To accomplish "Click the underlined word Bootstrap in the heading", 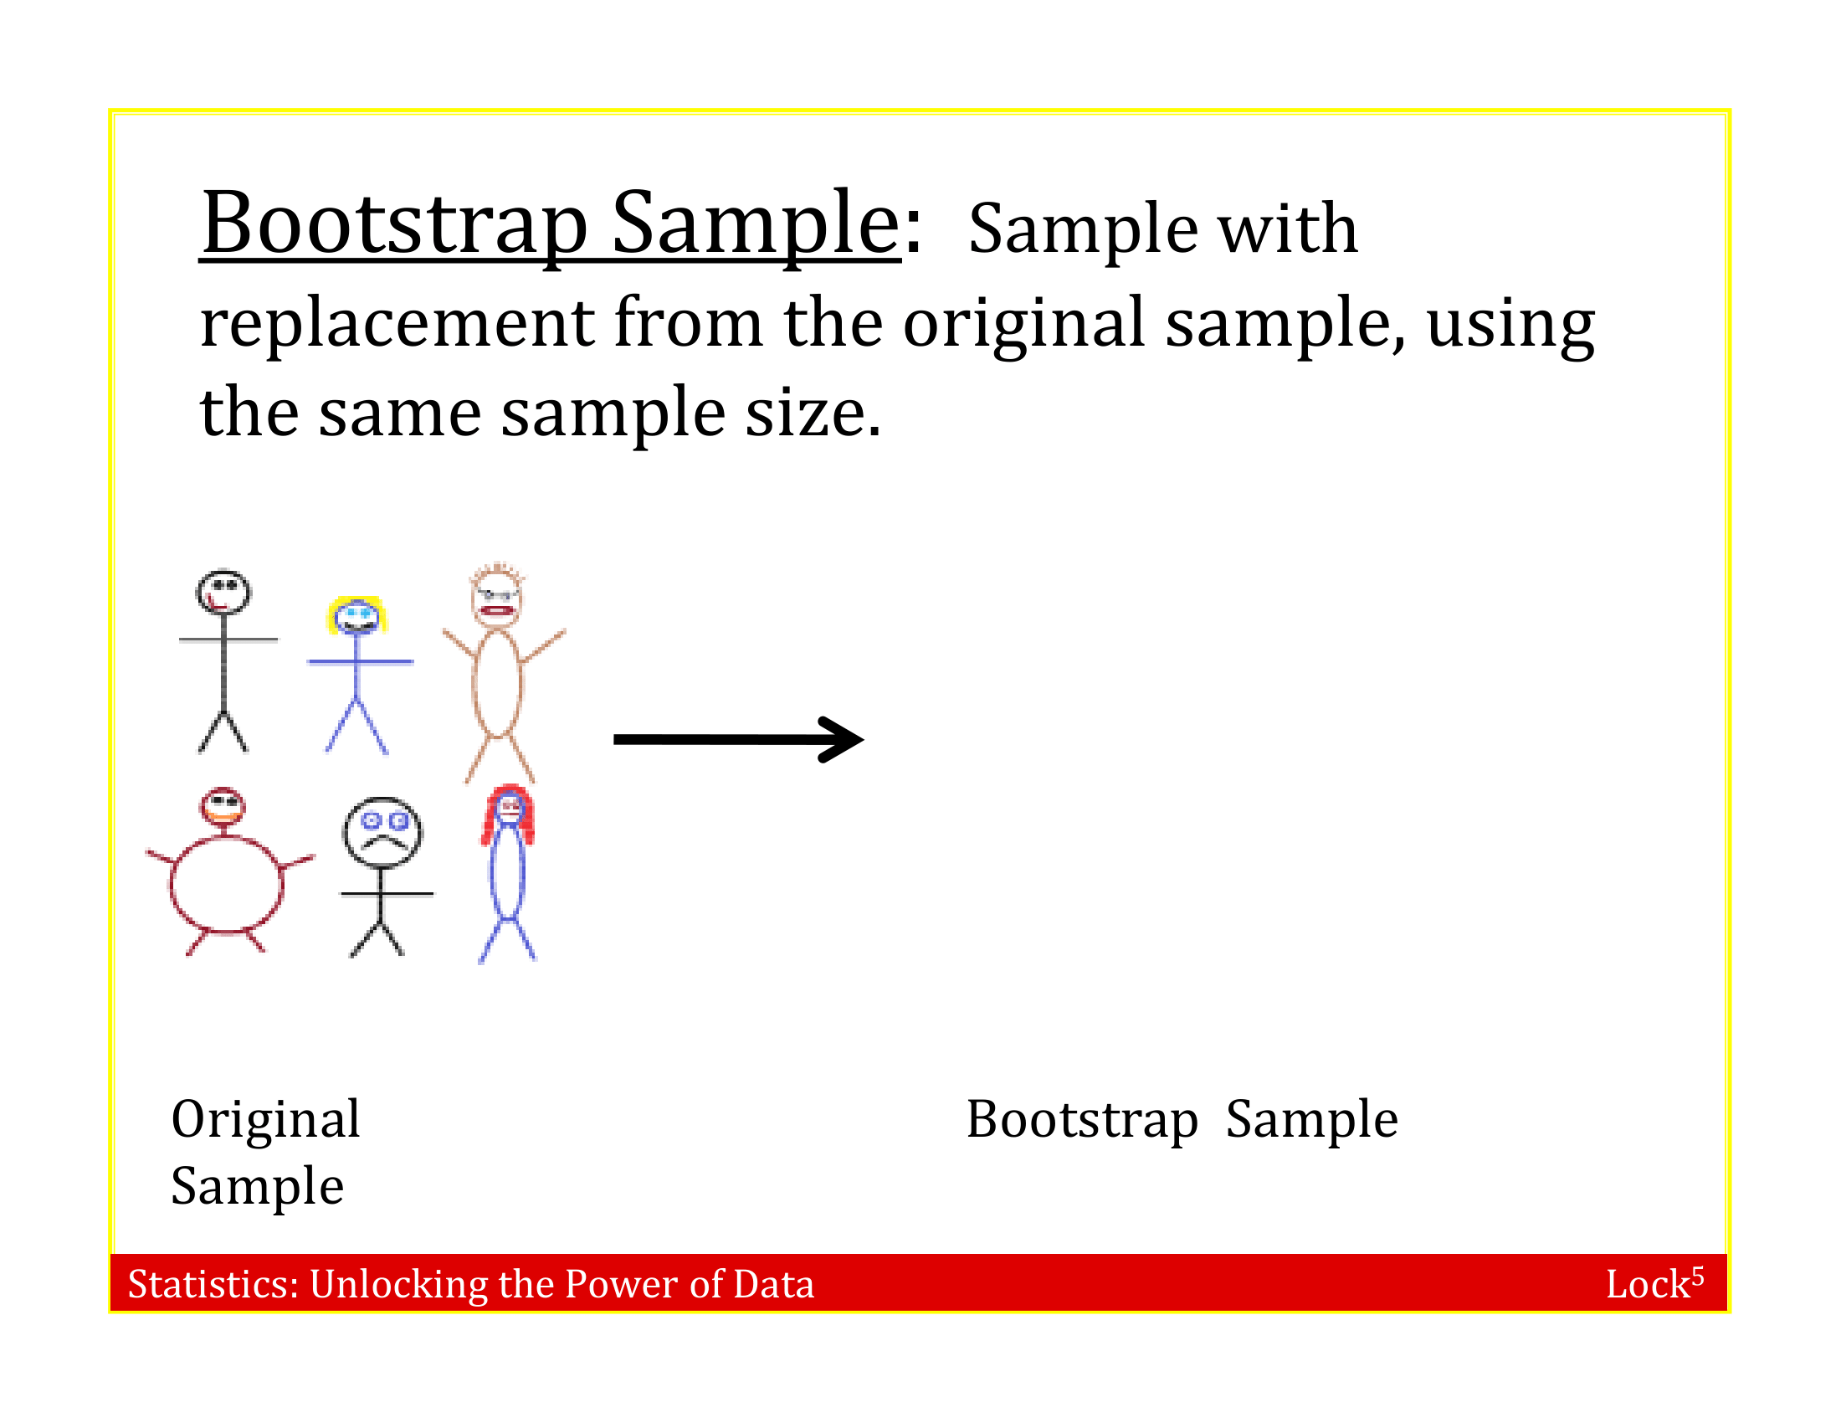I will pos(393,224).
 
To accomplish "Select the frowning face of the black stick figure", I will pos(382,831).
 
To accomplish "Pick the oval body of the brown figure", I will pos(497,683).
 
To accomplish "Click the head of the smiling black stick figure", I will pos(223,593).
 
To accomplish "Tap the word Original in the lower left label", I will pos(265,1120).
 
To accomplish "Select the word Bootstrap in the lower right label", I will pos(1081,1120).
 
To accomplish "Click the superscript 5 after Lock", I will pos(1698,1276).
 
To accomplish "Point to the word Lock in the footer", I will pos(1647,1285).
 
